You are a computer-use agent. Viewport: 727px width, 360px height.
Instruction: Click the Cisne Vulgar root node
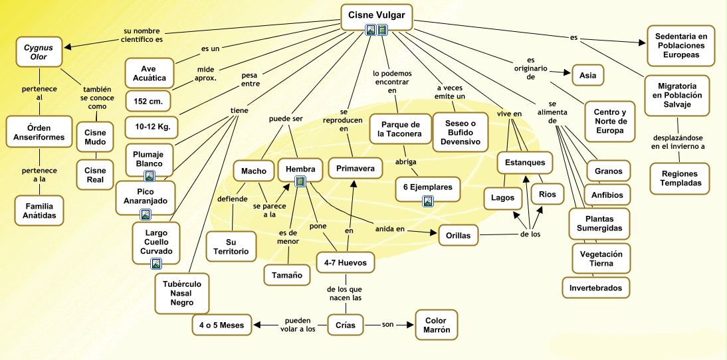(376, 15)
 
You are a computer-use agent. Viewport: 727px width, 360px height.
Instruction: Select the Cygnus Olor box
(39, 52)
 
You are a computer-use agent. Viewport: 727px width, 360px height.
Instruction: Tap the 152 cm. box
(150, 101)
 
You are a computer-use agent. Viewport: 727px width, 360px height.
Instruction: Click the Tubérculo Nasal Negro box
(181, 293)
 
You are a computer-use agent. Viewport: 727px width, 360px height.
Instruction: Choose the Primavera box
(356, 169)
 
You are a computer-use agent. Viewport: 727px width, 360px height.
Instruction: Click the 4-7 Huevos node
(345, 262)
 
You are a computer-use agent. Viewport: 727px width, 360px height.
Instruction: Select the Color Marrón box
(437, 325)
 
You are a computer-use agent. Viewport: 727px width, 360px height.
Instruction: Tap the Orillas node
(459, 235)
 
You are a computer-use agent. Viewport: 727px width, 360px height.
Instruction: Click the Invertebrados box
(595, 288)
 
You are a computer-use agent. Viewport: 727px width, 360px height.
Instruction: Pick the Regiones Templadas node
(679, 178)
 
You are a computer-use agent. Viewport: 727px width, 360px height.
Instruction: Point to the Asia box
(587, 75)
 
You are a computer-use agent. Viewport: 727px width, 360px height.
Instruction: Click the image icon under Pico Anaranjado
(146, 214)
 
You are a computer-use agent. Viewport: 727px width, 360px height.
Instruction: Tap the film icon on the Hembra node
(300, 181)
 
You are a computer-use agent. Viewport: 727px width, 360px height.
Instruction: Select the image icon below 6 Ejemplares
(427, 201)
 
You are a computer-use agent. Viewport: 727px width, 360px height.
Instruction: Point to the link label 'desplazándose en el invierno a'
(678, 141)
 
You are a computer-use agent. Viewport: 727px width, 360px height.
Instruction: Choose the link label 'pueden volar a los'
(297, 325)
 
